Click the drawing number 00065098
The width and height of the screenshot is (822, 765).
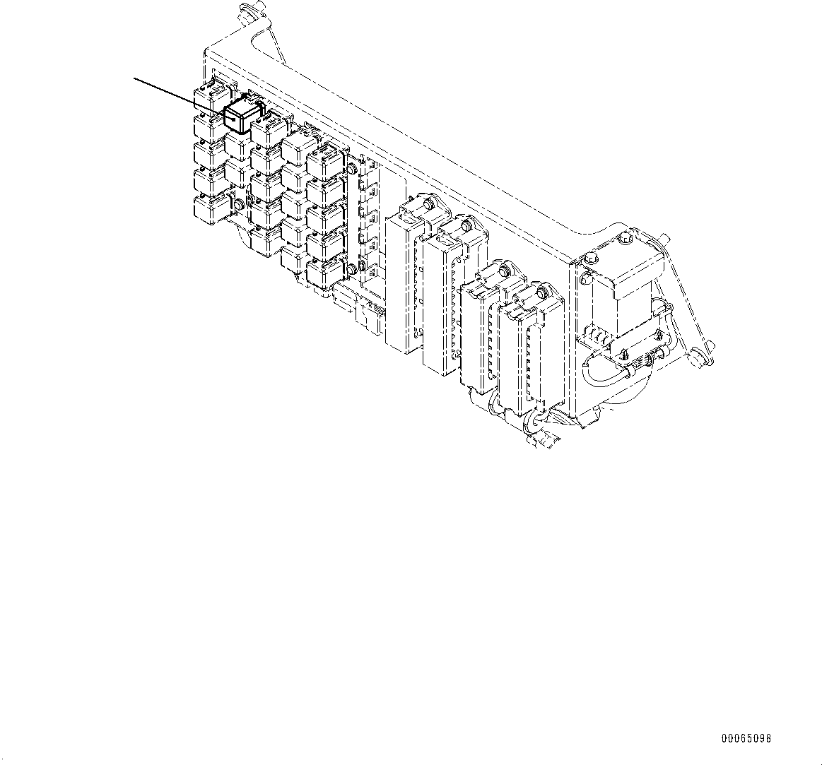tap(746, 739)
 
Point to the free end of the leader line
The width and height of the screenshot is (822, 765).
tap(135, 78)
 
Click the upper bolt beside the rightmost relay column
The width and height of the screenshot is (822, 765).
tap(351, 169)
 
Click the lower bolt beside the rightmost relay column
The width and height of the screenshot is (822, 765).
tap(353, 268)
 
